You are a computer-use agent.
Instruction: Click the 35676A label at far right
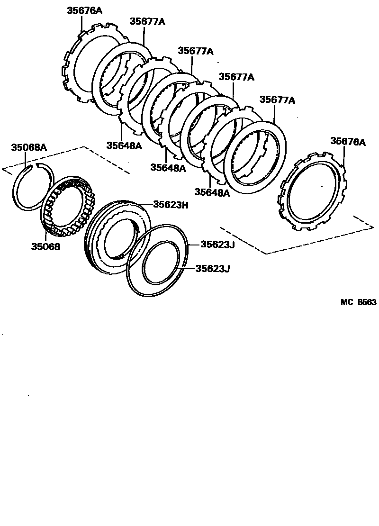348,141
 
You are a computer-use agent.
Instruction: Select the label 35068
46,246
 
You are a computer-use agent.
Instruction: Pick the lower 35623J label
211,269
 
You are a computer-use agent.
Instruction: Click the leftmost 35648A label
124,145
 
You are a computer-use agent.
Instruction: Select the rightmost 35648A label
212,192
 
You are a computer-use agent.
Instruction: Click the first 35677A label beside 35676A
147,21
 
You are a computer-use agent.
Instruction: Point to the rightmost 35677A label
277,100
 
